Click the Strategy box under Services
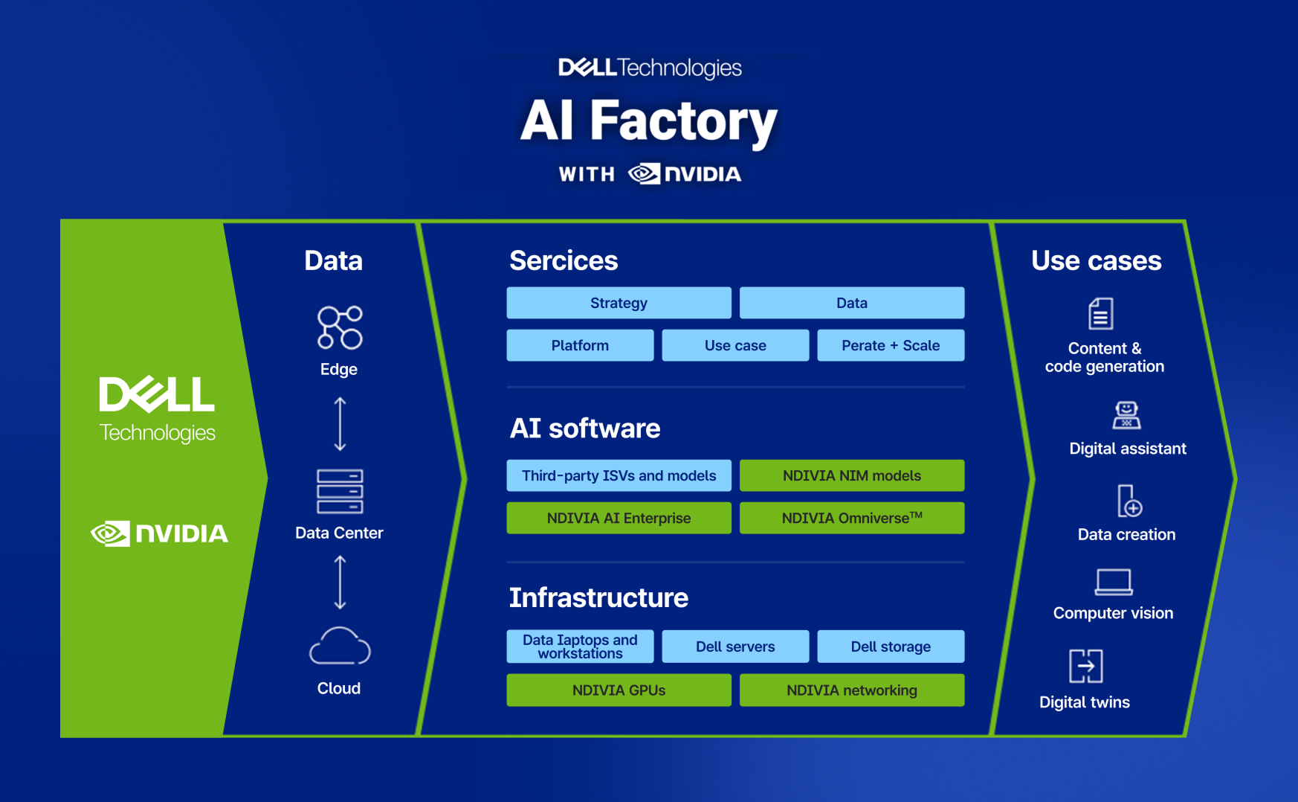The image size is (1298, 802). click(x=619, y=303)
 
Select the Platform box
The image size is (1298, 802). click(x=580, y=345)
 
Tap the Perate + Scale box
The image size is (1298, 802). click(x=891, y=345)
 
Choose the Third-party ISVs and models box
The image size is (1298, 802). click(x=619, y=475)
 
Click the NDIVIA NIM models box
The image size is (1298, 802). click(x=852, y=475)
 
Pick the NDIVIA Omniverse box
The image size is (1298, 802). click(x=852, y=518)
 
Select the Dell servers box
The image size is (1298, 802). click(x=735, y=647)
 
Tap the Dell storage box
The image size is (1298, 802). click(x=891, y=647)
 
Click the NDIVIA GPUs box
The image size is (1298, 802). click(x=619, y=690)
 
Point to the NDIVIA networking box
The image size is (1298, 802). click(x=852, y=690)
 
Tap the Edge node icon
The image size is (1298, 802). click(x=340, y=327)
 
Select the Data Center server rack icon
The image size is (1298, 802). click(x=340, y=491)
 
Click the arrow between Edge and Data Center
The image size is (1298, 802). click(x=340, y=424)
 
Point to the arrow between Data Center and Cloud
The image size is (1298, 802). click(x=340, y=583)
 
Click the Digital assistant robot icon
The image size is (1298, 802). click(x=1126, y=415)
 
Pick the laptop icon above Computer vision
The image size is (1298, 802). click(x=1114, y=582)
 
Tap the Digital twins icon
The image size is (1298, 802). click(x=1085, y=666)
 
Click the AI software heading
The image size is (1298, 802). click(x=585, y=429)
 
